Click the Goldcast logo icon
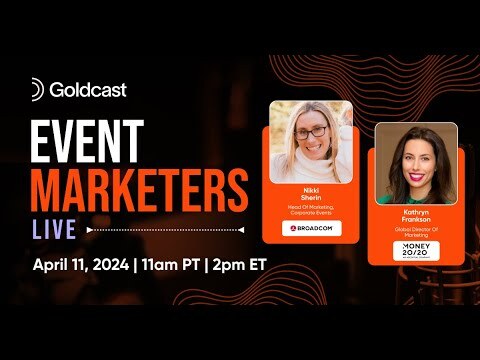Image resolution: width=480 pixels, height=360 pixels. point(38,89)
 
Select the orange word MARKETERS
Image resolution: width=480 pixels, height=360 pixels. point(139,189)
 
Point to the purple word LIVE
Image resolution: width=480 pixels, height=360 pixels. point(54,229)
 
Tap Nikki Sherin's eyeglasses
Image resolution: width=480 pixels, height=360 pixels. point(311,131)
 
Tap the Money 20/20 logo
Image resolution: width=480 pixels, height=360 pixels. point(414,250)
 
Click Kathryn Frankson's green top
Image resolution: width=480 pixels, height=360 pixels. point(415,197)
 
